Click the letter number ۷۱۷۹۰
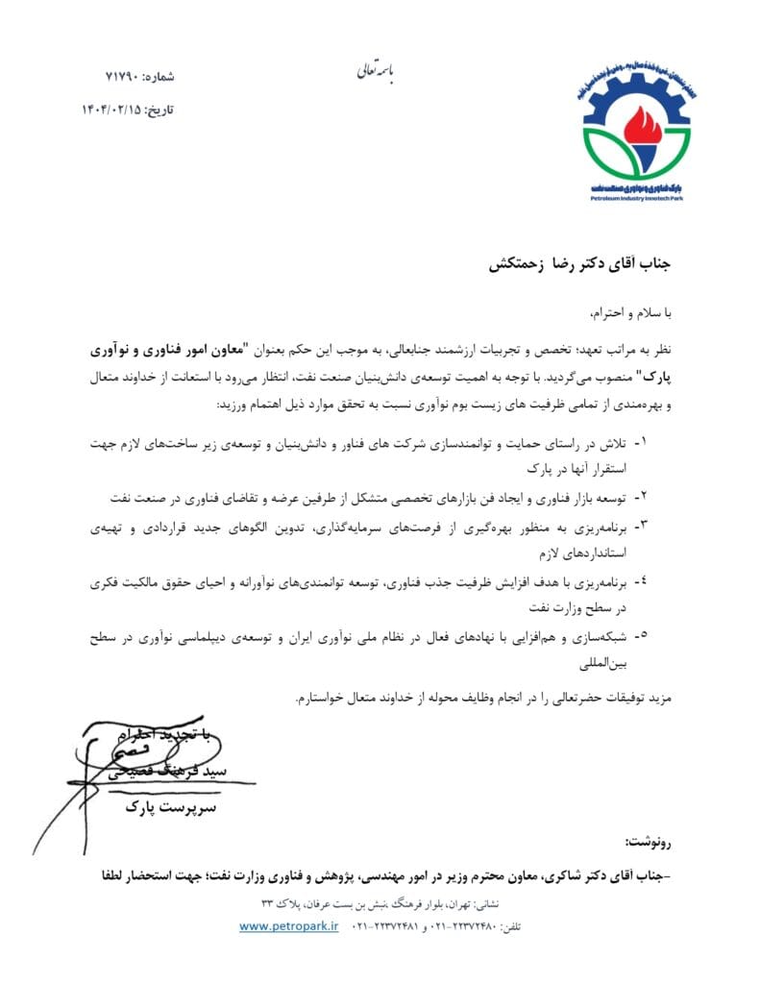tap(122, 75)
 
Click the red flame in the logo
tap(636, 124)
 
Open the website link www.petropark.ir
tap(290, 926)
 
